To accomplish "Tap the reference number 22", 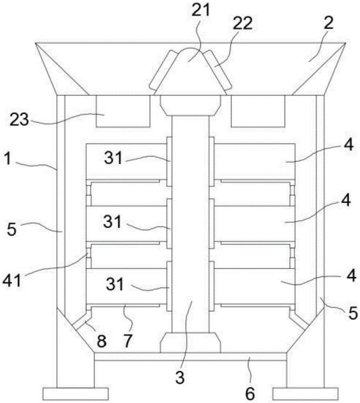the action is click(x=242, y=23).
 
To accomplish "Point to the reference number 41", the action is click(x=11, y=280).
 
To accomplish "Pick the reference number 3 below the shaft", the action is click(x=180, y=377).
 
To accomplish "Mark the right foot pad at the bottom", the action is click(x=305, y=394).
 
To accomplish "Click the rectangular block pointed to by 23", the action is click(x=123, y=111).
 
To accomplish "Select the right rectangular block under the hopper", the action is click(x=258, y=111).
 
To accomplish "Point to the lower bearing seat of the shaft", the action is click(x=190, y=343).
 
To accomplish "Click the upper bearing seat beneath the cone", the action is click(x=190, y=105).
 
